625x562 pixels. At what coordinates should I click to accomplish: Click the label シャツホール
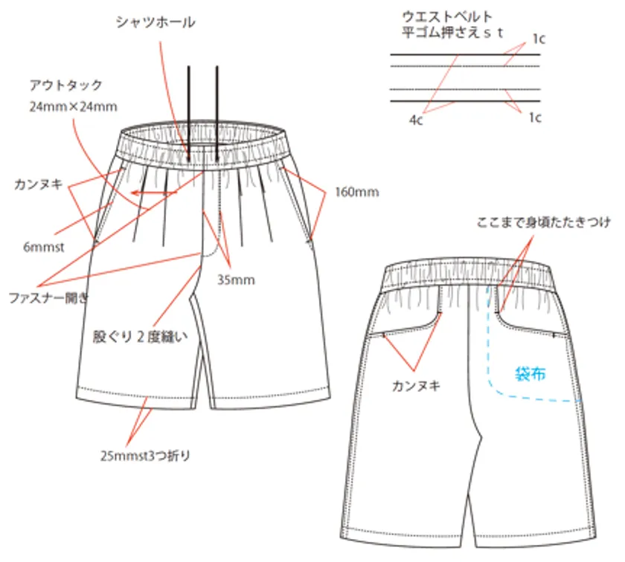point(156,22)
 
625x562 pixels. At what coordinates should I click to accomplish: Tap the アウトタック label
point(65,85)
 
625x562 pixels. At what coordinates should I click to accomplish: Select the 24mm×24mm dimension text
point(74,107)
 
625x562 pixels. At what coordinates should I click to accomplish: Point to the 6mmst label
point(43,247)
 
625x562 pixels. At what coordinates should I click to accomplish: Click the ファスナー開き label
point(48,297)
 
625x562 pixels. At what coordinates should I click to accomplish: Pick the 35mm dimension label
point(236,280)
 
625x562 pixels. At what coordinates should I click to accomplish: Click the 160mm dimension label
point(357,193)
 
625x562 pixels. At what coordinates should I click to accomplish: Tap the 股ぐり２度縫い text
point(140,337)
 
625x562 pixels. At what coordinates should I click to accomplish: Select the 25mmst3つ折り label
point(145,455)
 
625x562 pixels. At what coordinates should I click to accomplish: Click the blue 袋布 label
point(530,374)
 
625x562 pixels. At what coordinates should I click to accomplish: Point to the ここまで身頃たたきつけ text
point(543,222)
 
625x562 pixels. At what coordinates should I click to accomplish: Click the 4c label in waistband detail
point(416,120)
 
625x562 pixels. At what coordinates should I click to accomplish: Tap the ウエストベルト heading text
point(447,17)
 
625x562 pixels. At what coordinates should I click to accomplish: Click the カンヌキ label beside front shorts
point(38,184)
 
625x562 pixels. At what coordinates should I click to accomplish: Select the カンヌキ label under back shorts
point(416,386)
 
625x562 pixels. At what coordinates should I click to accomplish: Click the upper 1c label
point(539,39)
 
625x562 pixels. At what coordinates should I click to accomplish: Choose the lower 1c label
point(535,117)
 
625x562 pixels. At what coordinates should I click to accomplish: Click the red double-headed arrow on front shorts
point(154,193)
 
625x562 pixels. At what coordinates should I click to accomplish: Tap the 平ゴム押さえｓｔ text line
point(452,32)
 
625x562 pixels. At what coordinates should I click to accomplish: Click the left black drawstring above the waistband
point(189,114)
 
